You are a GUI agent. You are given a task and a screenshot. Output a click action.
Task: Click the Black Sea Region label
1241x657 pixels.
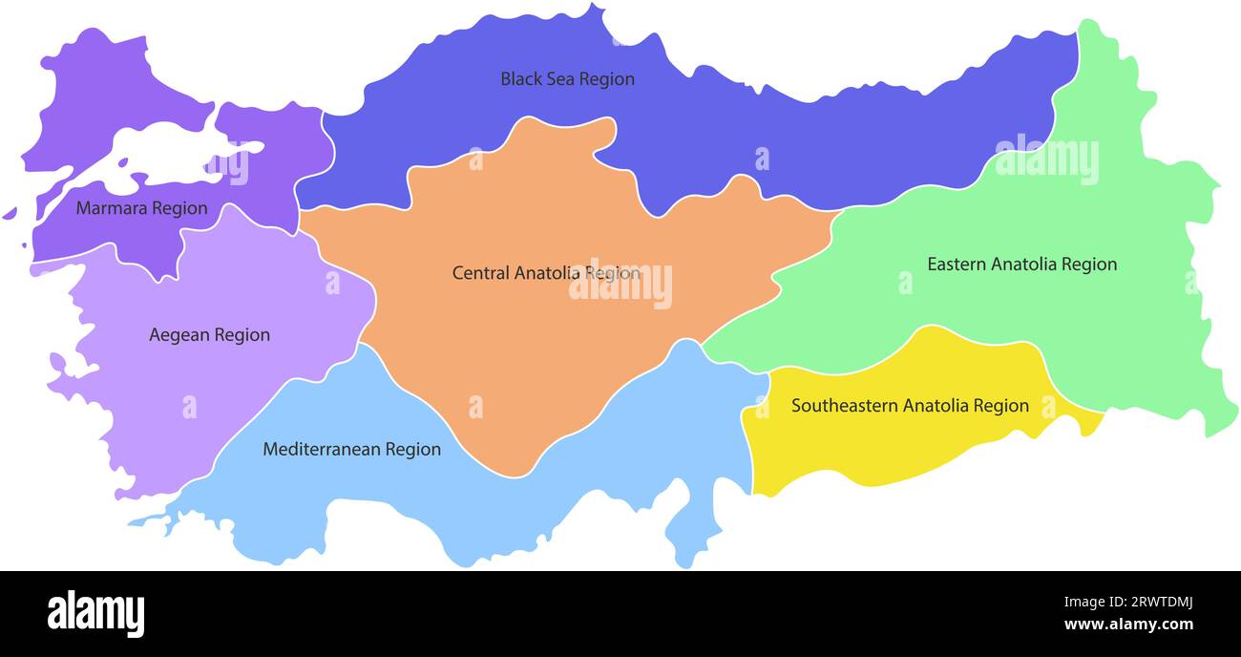[567, 79]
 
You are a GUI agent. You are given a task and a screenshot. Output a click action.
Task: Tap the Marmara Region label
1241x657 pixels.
[141, 208]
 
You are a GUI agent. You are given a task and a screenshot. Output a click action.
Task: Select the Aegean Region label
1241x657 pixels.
[209, 335]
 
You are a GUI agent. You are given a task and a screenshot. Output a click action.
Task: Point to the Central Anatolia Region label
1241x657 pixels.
[546, 273]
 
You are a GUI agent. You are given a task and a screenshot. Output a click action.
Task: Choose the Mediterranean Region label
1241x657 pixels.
[351, 449]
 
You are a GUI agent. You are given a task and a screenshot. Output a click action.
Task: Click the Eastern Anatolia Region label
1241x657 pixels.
[1021, 264]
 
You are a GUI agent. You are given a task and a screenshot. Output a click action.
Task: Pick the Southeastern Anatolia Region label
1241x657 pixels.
[910, 406]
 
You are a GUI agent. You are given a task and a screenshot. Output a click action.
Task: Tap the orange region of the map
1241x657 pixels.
[535, 363]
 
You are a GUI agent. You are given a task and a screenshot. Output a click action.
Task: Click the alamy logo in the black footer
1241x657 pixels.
[96, 614]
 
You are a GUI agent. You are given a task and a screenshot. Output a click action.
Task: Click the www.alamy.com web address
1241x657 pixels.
[1128, 625]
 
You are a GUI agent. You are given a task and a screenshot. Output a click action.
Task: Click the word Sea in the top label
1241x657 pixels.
[559, 79]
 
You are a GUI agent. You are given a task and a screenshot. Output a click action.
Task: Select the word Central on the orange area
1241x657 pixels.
[481, 273]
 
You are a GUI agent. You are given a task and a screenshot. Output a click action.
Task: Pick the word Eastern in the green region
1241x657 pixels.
[957, 264]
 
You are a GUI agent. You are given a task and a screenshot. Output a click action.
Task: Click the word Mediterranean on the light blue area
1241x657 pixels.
[323, 449]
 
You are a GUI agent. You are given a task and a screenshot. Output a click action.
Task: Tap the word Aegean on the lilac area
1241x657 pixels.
[179, 335]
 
